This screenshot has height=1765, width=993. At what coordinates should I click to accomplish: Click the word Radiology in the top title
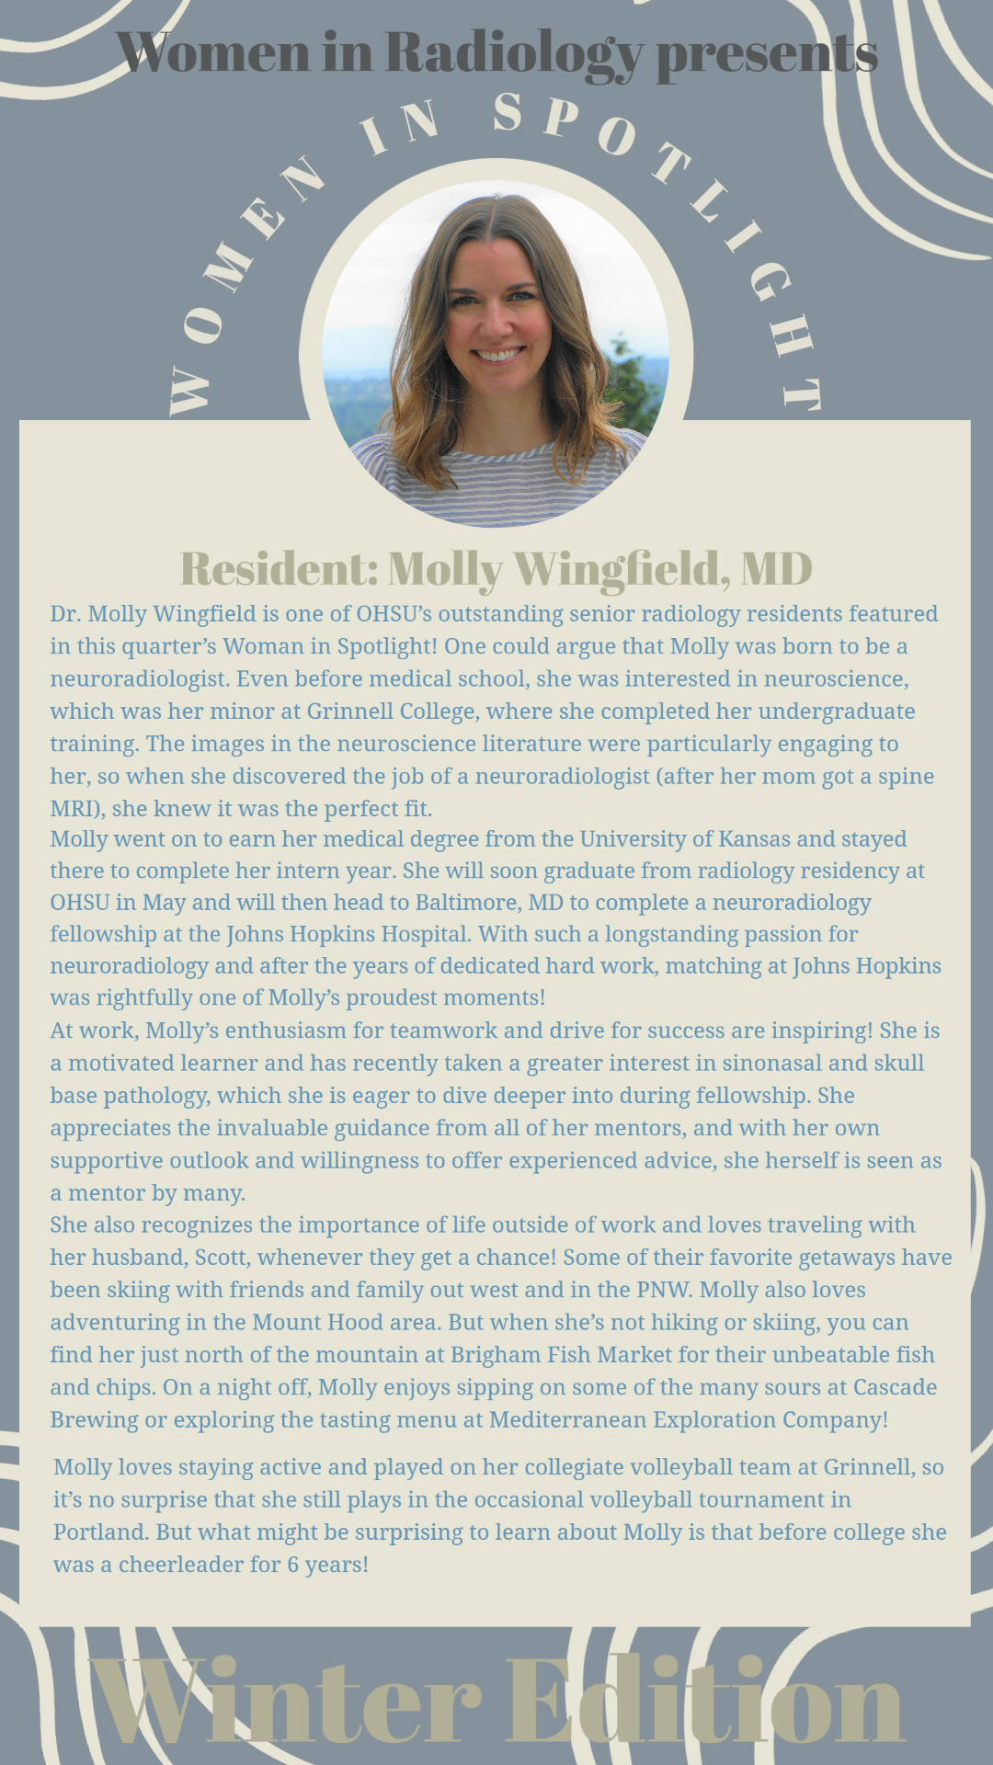(x=513, y=53)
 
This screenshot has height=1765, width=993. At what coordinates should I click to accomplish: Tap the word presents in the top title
(x=766, y=53)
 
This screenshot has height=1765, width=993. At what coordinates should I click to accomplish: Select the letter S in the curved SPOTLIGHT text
(x=508, y=112)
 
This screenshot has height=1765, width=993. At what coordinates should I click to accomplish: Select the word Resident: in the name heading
(x=279, y=568)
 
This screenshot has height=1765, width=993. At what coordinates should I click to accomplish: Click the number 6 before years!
(x=292, y=1564)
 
